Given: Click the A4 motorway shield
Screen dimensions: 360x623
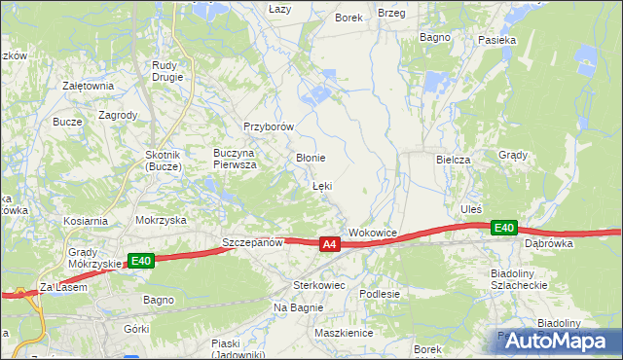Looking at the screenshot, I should pos(329,245).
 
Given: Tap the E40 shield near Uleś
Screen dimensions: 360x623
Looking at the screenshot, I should pos(502,228).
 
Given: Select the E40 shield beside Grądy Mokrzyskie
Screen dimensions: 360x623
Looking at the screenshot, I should pos(141,260).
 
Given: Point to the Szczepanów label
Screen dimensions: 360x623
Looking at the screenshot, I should pos(252,242).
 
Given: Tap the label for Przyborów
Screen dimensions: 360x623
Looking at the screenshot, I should pos(269,127).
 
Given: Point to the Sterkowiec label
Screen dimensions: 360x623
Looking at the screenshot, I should pos(319,286).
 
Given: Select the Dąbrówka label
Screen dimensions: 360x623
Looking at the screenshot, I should pos(548,244).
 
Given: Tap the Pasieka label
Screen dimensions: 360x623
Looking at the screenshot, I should pos(496,41).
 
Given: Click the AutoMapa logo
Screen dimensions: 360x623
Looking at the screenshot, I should pos(557,341).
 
